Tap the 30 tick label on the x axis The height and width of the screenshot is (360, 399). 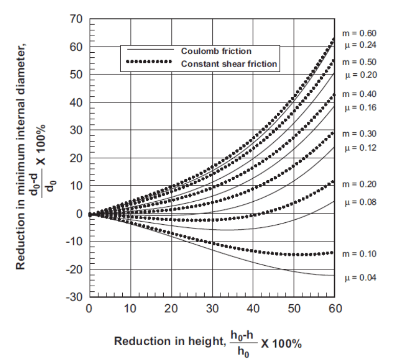pos(212,309)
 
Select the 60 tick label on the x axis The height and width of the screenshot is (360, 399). pos(335,309)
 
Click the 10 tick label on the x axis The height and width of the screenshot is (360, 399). pos(130,309)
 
